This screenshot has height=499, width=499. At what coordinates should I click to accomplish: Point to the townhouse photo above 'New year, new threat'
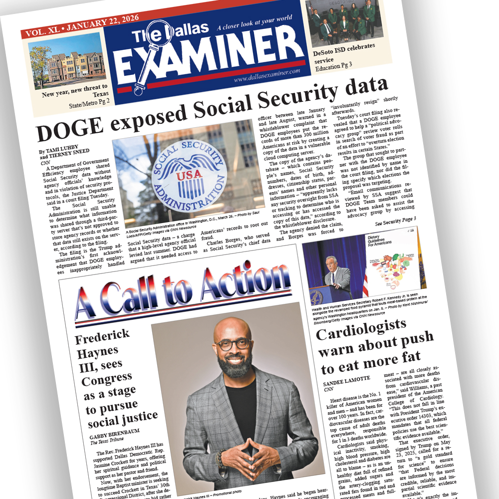(x=66, y=62)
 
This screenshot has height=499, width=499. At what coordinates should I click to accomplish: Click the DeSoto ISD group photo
(x=344, y=22)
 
